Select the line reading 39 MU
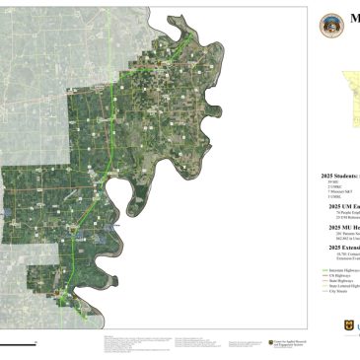(x=331, y=182)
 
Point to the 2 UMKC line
(x=332, y=187)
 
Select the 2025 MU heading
(x=340, y=226)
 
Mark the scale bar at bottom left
(x=18, y=342)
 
